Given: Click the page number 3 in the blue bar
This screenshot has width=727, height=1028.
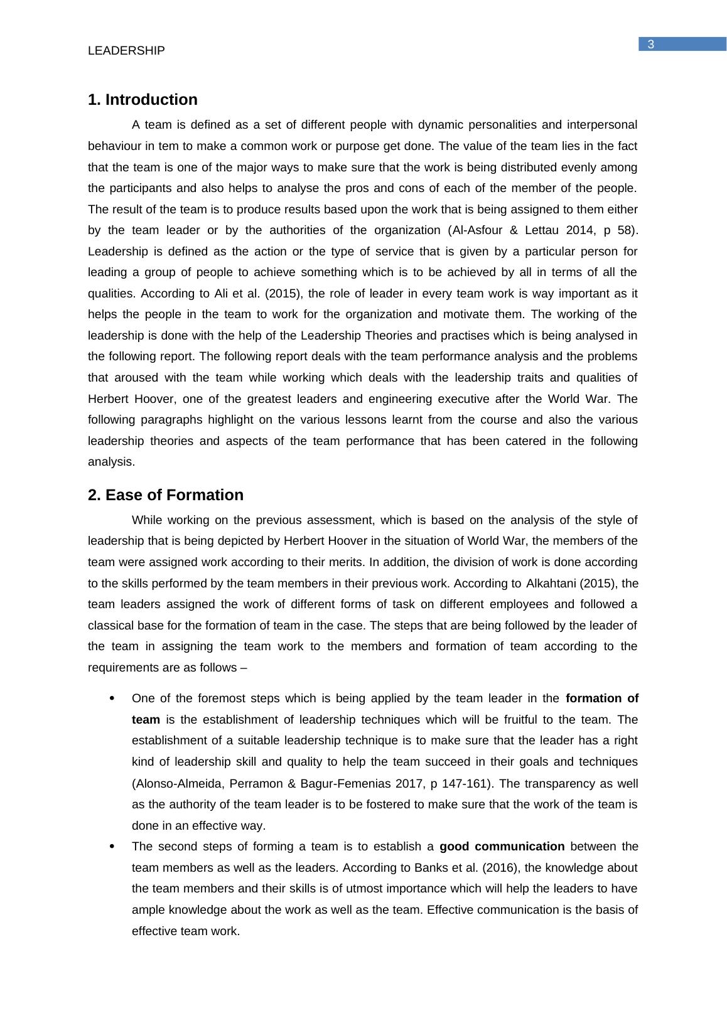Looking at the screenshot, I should [x=651, y=44].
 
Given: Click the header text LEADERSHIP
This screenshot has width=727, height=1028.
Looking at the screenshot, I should [x=126, y=51].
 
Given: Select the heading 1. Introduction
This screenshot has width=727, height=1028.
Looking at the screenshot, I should [x=143, y=100].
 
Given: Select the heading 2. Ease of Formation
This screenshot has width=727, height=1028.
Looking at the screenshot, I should [x=166, y=495].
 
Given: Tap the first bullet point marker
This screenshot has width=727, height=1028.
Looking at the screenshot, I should [x=112, y=699].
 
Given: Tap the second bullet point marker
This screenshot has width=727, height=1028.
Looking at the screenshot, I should [x=112, y=847].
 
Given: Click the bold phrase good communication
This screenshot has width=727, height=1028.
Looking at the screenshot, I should [x=502, y=847].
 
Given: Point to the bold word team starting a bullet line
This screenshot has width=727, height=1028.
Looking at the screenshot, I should [x=146, y=720].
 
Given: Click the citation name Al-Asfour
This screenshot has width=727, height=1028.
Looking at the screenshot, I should [x=477, y=230].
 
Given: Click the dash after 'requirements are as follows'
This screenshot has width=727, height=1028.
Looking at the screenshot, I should [x=244, y=668].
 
